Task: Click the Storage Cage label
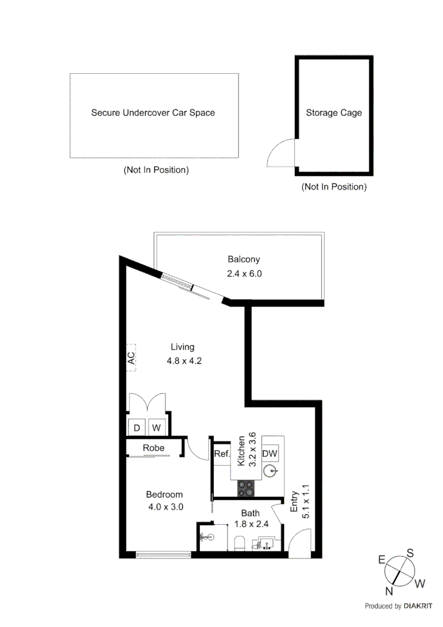(x=334, y=113)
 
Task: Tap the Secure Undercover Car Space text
(x=153, y=113)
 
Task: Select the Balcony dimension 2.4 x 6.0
(x=244, y=273)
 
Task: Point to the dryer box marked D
(x=137, y=428)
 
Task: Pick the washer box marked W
(x=156, y=428)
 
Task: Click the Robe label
(x=153, y=448)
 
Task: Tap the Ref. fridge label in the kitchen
(x=222, y=455)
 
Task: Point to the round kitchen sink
(x=271, y=470)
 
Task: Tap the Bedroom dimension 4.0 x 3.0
(x=164, y=506)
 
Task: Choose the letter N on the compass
(x=389, y=591)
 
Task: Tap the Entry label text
(x=294, y=502)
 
